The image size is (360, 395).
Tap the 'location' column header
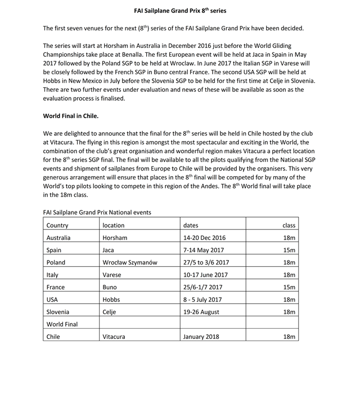114,225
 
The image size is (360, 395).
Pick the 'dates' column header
192,225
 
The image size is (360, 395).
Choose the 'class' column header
289,225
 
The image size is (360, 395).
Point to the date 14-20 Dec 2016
207,237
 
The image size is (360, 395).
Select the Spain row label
55,250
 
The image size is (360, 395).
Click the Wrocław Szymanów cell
129,262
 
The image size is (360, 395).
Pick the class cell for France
289,287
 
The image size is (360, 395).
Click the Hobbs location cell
111,299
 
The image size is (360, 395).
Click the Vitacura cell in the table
114,336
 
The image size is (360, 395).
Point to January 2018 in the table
202,336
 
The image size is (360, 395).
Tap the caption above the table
97,212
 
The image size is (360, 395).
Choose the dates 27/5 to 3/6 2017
206,262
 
